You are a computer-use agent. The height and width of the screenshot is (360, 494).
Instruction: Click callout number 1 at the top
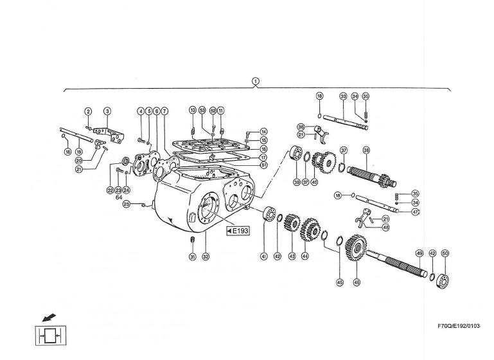pyautogui.click(x=256, y=80)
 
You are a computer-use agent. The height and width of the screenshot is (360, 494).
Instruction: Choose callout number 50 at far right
pyautogui.click(x=445, y=253)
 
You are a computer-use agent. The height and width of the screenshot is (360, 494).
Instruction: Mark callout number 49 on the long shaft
pyautogui.click(x=419, y=253)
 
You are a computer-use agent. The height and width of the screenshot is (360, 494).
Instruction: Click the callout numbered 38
pyautogui.click(x=366, y=150)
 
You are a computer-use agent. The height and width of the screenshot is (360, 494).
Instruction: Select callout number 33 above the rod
pyautogui.click(x=343, y=96)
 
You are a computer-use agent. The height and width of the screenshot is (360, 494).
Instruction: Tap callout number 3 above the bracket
pyautogui.click(x=107, y=111)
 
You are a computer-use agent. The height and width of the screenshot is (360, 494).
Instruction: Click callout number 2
pyautogui.click(x=89, y=111)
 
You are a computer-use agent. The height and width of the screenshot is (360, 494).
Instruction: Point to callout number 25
pyautogui.click(x=127, y=204)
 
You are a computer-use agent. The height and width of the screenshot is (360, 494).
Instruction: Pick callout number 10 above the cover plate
pyautogui.click(x=192, y=111)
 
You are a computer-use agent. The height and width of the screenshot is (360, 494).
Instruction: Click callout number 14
pyautogui.click(x=263, y=131)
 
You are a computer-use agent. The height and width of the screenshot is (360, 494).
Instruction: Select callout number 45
pyautogui.click(x=340, y=282)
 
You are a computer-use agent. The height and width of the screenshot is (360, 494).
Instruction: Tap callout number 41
pyautogui.click(x=263, y=256)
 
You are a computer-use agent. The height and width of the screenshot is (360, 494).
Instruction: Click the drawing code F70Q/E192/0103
pyautogui.click(x=459, y=327)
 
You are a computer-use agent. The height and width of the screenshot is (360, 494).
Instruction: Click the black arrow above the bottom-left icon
pyautogui.click(x=48, y=317)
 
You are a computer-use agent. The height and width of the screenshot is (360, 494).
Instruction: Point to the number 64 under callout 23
pyautogui.click(x=119, y=197)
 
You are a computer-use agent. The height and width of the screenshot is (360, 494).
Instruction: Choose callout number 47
pyautogui.click(x=416, y=212)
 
